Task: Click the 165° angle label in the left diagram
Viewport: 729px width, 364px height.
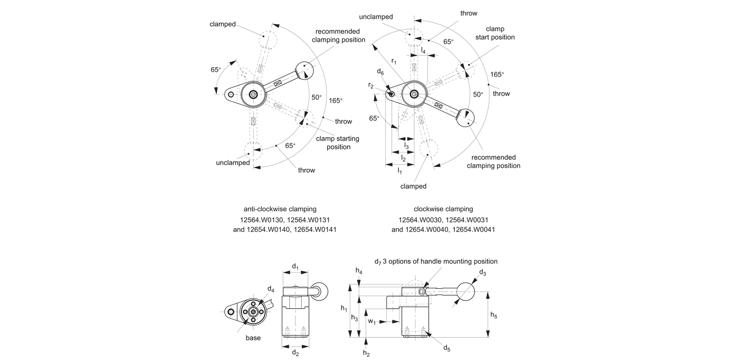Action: coord(335,101)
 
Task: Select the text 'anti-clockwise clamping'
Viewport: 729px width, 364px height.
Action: coord(280,209)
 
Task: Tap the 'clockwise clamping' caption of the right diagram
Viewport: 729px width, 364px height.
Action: coord(443,209)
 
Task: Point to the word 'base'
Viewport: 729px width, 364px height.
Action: coord(253,338)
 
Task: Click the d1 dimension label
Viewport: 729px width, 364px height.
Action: coord(295,266)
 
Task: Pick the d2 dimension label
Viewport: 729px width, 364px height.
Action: coord(295,353)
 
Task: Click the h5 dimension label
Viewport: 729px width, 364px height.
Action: coord(494,315)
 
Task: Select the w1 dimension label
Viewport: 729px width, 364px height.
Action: coord(371,321)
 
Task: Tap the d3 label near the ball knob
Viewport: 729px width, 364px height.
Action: coord(483,273)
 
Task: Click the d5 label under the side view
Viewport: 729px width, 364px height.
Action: coord(447,347)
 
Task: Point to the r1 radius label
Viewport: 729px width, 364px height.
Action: coord(394,61)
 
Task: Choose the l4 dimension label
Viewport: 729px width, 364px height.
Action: coord(423,50)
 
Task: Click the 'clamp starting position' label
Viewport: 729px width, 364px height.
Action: coord(338,143)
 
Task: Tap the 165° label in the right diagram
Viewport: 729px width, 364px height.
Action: coord(497,74)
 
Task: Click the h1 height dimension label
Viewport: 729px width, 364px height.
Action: coord(344,308)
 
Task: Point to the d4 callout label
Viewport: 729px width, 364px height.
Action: coord(271,290)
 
